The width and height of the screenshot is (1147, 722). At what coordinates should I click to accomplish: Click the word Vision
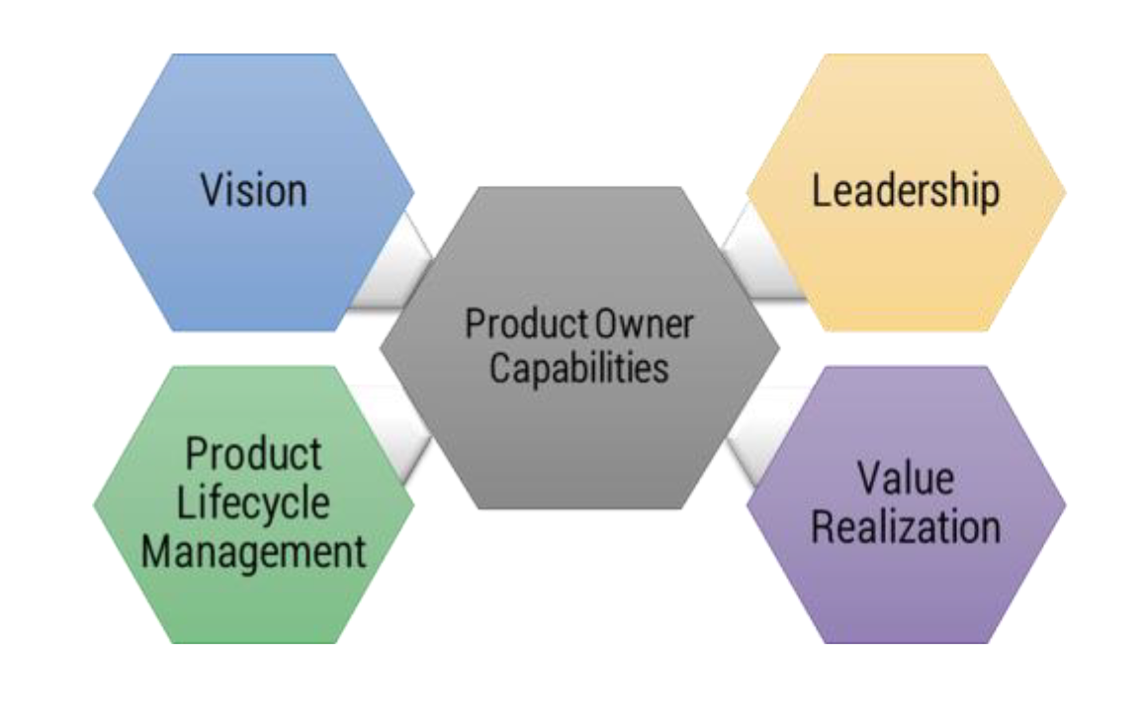(254, 189)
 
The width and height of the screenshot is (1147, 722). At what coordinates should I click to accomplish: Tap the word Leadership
(905, 191)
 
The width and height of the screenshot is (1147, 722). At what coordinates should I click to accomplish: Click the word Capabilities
(579, 368)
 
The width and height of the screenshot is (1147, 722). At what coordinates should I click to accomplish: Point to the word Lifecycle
(253, 502)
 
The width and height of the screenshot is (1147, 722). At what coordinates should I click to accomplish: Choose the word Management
(254, 551)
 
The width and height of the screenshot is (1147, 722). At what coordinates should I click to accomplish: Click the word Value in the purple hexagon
(905, 478)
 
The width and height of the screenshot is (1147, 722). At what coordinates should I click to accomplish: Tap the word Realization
(905, 526)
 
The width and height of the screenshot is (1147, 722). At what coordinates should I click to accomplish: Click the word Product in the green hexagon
(254, 454)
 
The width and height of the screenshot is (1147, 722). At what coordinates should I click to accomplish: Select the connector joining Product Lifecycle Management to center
(396, 430)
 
